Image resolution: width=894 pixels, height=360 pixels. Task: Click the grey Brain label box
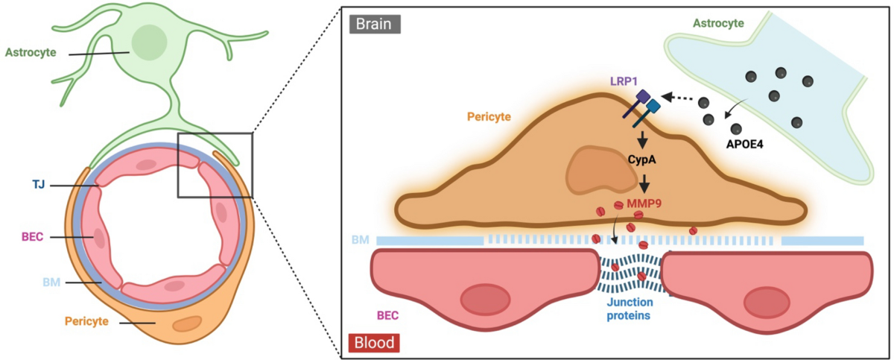coord(375,24)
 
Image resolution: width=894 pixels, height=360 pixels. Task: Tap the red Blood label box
coord(374,342)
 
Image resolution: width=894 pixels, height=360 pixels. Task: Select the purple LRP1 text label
coord(624,81)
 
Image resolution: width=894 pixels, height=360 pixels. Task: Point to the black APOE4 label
coord(745,144)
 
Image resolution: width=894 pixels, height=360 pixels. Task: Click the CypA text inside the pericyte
coord(641,160)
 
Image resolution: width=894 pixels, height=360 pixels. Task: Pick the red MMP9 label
coord(644,203)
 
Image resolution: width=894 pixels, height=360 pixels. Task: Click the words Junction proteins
coord(630,309)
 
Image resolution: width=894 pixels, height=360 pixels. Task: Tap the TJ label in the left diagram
coord(39,184)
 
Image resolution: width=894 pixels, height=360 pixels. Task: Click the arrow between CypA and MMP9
coord(644,183)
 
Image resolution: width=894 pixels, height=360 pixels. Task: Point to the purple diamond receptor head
coord(643,96)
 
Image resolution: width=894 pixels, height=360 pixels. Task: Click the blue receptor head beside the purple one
coord(653,107)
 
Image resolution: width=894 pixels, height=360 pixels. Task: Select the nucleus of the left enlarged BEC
coord(485,300)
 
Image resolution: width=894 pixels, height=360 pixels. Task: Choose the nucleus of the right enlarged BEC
coord(767,302)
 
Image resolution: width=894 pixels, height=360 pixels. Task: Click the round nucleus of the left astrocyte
coord(149,42)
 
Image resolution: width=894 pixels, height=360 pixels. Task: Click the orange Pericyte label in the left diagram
coord(86,321)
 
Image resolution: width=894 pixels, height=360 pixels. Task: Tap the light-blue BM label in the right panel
coord(360,240)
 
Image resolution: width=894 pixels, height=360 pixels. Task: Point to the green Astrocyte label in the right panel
coord(718,23)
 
